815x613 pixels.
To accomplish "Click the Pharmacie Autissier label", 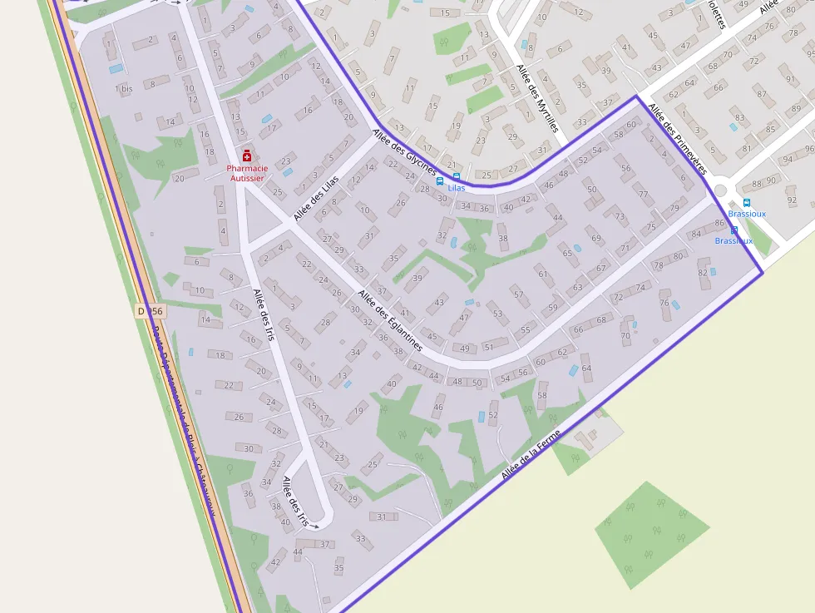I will [246, 173].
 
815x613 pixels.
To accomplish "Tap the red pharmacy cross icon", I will [247, 156].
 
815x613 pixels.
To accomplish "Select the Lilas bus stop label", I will [457, 188].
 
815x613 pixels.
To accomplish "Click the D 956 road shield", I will [151, 311].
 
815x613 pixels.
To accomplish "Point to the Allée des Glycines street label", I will [404, 151].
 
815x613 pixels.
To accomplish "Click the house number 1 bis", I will [123, 89].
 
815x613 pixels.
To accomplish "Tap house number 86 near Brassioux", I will [719, 224].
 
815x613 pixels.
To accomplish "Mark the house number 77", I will [643, 195].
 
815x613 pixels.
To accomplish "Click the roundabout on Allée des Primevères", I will [720, 190].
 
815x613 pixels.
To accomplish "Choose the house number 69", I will [596, 239].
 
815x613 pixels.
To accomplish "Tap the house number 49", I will [464, 349].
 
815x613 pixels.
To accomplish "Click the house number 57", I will [518, 294].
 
